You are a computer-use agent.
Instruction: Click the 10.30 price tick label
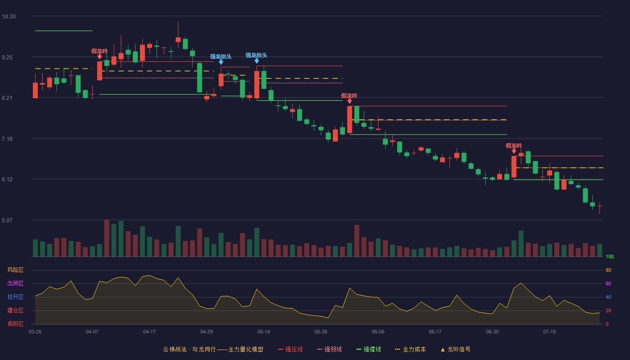pyautogui.click(x=9, y=17)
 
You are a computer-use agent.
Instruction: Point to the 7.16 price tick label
pyautogui.click(x=7, y=139)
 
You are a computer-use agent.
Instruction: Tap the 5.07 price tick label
pyautogui.click(x=7, y=220)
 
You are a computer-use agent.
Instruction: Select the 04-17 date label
pyautogui.click(x=149, y=332)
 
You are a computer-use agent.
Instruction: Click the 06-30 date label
pyautogui.click(x=492, y=332)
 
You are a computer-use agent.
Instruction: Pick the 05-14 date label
pyautogui.click(x=264, y=332)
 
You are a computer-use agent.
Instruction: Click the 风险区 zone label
pyautogui.click(x=15, y=270)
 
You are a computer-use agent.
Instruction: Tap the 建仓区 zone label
pyautogui.click(x=15, y=310)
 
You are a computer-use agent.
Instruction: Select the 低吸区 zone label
pyautogui.click(x=15, y=324)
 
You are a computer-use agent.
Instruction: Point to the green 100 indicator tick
pyautogui.click(x=610, y=257)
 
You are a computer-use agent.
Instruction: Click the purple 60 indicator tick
pyautogui.click(x=608, y=284)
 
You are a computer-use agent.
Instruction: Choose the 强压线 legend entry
pyautogui.click(x=290, y=350)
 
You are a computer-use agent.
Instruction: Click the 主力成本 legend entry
pyautogui.click(x=410, y=350)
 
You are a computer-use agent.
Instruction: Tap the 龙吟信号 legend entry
pyautogui.click(x=455, y=350)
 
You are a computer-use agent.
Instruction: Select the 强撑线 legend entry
pyautogui.click(x=369, y=350)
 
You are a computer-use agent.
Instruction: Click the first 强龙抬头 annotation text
pyautogui.click(x=221, y=57)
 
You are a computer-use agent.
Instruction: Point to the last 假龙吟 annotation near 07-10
pyautogui.click(x=514, y=146)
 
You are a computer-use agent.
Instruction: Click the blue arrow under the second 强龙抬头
pyautogui.click(x=256, y=61)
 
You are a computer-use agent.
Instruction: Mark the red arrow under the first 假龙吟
pyautogui.click(x=99, y=57)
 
